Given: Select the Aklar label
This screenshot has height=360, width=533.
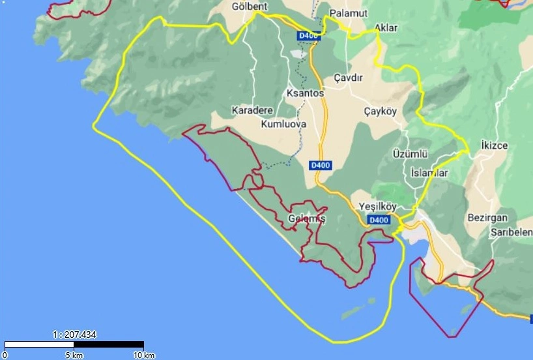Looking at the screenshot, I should pos(386,28).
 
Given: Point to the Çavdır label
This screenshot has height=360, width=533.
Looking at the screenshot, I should pos(347,77).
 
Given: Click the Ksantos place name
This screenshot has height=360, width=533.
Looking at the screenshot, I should pos(305,94).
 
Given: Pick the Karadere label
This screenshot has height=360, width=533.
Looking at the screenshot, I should pos(252,110).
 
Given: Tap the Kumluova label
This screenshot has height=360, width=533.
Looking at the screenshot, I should pos(283,124).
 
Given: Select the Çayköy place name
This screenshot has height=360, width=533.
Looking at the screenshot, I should pos(380,112).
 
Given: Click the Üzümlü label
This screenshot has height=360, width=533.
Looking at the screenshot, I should pos(410,154).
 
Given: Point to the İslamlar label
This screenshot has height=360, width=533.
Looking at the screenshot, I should pos(429,173).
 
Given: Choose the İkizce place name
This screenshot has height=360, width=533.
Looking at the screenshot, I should pos(493,144).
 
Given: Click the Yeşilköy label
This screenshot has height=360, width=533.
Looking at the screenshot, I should pos(378,207).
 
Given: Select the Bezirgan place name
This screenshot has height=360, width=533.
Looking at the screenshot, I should pos(487,217).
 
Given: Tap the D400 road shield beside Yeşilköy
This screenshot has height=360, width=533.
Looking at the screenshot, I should pos(379,220).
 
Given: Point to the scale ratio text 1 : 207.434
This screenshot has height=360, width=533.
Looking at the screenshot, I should pos(74,335).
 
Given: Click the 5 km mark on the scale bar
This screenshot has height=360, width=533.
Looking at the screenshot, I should pos(74,355).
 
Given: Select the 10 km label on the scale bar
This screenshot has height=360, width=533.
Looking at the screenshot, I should pos(143,355).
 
